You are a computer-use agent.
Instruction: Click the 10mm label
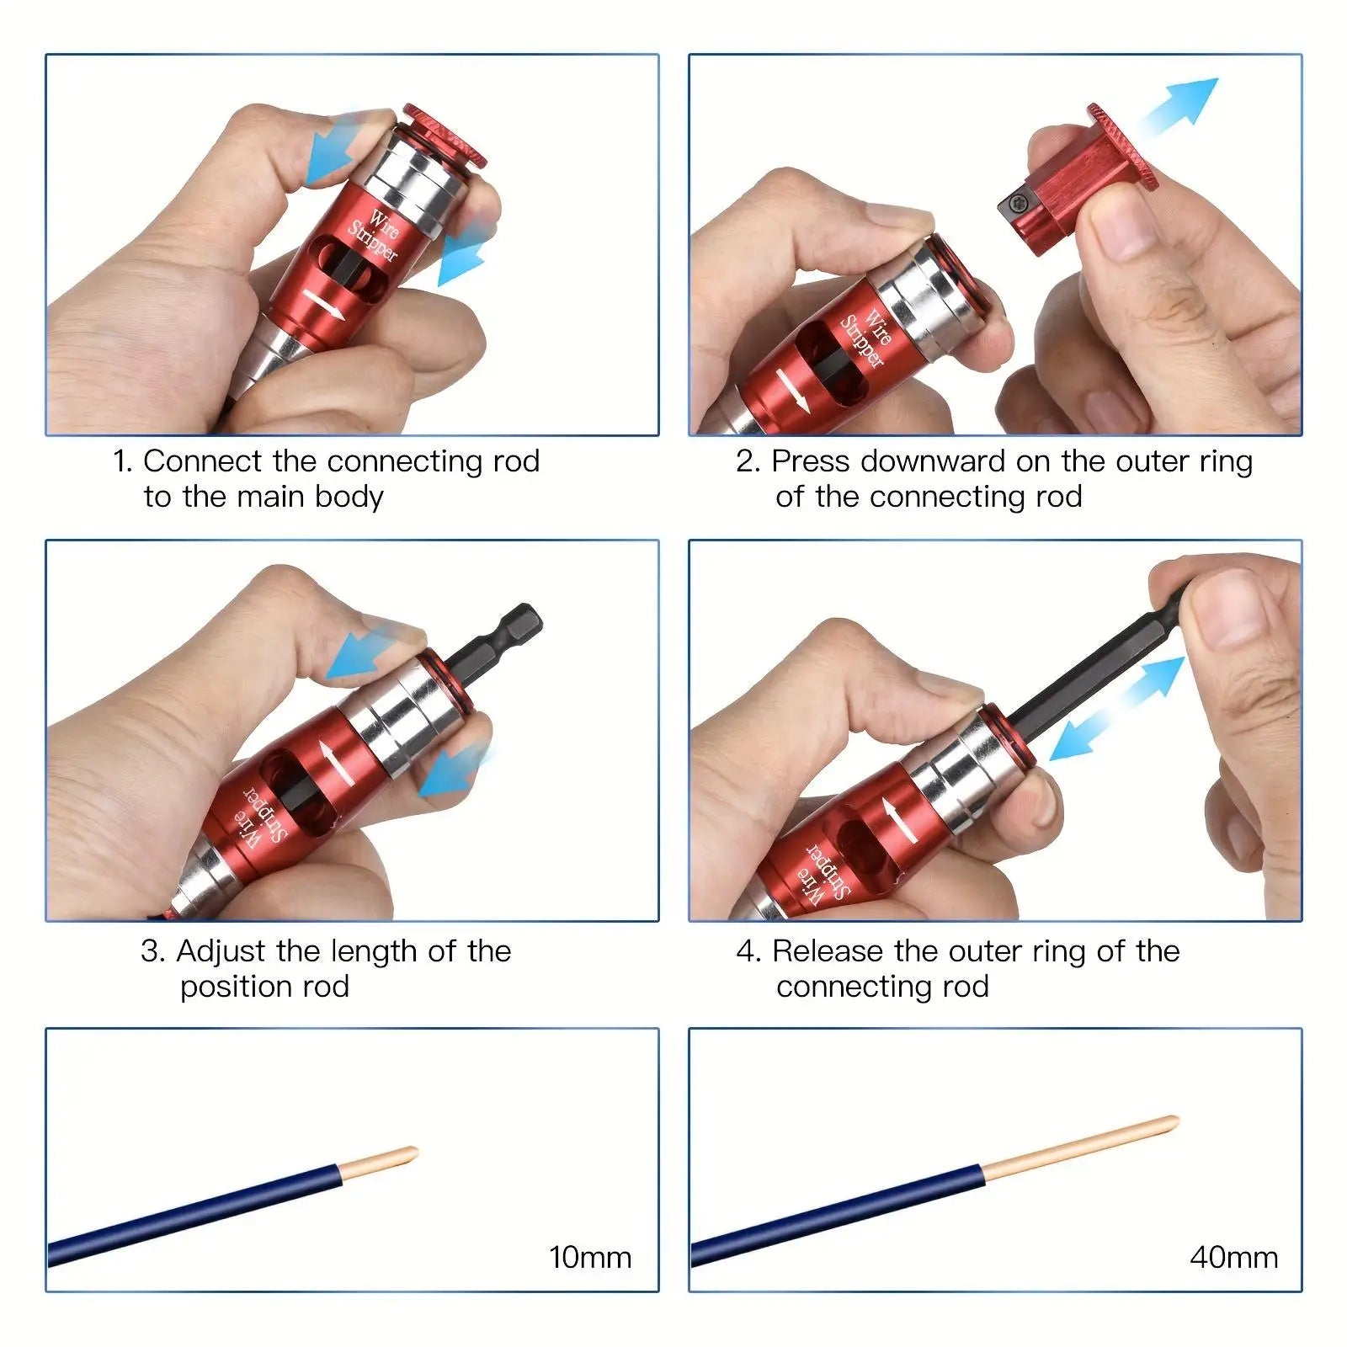click(x=589, y=1257)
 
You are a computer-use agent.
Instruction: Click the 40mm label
click(x=1233, y=1257)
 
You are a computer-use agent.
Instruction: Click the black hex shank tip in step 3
click(x=518, y=624)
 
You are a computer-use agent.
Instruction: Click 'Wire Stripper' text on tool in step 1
click(x=375, y=236)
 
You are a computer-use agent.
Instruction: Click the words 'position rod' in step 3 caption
click(x=264, y=987)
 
